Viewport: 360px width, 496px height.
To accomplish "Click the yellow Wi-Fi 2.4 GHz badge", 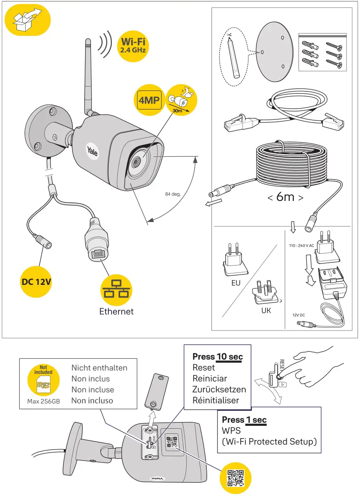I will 134,45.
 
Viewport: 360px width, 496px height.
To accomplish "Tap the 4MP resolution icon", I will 149,101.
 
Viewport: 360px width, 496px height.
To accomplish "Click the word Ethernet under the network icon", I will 116,312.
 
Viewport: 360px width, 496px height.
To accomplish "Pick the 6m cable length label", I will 286,197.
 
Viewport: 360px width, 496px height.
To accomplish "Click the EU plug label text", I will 236,283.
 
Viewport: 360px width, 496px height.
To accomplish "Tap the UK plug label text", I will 266,310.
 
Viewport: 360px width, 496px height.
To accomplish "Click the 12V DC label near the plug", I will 298,315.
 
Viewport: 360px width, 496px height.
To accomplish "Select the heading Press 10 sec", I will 217,357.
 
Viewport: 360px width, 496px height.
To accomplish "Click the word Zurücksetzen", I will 219,390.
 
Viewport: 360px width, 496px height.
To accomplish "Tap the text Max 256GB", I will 43,402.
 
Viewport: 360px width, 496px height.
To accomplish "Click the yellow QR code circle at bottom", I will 236,477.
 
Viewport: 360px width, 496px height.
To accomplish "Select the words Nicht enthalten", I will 99,368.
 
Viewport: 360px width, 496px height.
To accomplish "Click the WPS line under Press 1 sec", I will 231,431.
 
